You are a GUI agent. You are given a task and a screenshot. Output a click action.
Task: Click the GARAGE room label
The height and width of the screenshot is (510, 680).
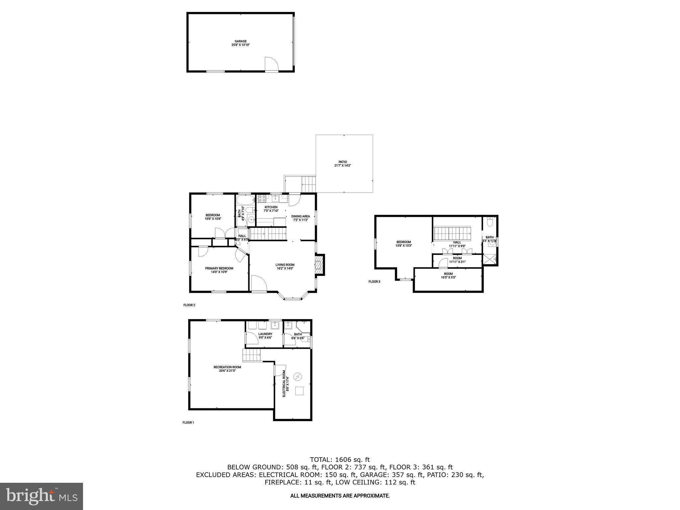[240, 42]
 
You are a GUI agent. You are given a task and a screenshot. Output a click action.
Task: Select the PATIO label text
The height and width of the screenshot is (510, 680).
[342, 162]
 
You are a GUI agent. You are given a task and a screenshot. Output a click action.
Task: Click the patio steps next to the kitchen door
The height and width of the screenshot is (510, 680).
[308, 183]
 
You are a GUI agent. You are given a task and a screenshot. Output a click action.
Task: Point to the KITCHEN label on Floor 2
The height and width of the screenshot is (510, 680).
[271, 207]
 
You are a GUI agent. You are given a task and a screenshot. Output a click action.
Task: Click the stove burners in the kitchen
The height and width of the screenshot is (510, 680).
[262, 199]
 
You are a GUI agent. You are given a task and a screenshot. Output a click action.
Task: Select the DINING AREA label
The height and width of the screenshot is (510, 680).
[300, 216]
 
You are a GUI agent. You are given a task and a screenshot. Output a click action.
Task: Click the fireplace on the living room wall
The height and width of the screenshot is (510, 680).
[319, 265]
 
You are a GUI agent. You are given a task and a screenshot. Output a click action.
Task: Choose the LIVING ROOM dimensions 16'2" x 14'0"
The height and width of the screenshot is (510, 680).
[285, 268]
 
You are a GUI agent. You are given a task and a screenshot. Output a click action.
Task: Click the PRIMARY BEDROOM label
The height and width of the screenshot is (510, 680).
[219, 268]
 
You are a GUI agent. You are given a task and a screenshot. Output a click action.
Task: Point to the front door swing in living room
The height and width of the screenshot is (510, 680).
[258, 284]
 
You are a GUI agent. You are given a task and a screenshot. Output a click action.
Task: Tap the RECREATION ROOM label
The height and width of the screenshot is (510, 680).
[227, 367]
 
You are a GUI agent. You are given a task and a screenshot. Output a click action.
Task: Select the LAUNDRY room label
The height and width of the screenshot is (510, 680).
[265, 334]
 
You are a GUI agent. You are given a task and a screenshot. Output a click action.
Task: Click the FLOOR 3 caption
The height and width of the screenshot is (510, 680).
[374, 282]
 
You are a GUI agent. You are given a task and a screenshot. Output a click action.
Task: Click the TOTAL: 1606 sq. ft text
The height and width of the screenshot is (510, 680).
[340, 460]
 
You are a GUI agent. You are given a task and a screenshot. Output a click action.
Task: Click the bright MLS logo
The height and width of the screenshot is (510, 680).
[42, 496]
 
